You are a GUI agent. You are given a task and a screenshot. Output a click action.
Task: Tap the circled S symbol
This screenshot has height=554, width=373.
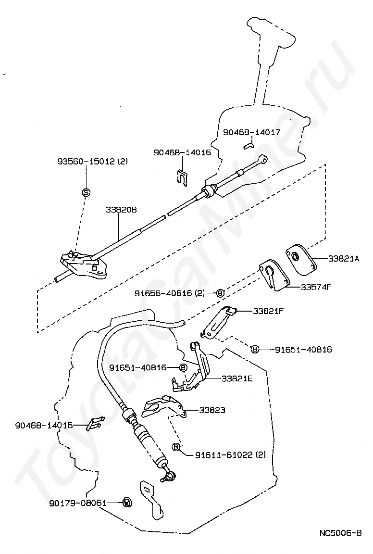pyautogui.click(x=87, y=192)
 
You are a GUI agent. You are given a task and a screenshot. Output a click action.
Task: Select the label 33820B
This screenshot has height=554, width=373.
pyautogui.click(x=121, y=210)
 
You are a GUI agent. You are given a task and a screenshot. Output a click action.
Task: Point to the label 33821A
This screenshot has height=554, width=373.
pyautogui.click(x=343, y=259)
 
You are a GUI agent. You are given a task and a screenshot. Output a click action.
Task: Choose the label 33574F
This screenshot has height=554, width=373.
pyautogui.click(x=316, y=287)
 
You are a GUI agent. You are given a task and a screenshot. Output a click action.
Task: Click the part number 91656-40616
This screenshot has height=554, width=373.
pyautogui.click(x=163, y=293)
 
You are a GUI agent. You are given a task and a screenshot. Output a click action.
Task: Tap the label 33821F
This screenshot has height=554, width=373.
pyautogui.click(x=268, y=311)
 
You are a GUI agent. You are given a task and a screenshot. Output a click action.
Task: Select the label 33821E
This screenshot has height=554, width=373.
pyautogui.click(x=237, y=378)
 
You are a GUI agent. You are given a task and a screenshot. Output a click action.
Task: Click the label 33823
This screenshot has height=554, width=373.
pyautogui.click(x=212, y=410)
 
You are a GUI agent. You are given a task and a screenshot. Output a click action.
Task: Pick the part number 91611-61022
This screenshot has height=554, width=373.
pyautogui.click(x=224, y=455)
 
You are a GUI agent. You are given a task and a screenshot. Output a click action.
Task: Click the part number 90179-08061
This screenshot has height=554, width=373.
pyautogui.click(x=78, y=502)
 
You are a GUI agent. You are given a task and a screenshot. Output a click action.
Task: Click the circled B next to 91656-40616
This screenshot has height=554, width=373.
pyautogui.click(x=220, y=293)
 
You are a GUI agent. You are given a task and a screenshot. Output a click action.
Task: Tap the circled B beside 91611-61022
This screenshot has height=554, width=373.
pyautogui.click(x=176, y=447)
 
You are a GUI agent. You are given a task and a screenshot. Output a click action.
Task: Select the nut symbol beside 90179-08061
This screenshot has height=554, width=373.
pyautogui.click(x=127, y=502)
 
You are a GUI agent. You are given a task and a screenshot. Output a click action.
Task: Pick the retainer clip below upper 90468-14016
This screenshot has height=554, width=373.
pyautogui.click(x=182, y=177)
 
